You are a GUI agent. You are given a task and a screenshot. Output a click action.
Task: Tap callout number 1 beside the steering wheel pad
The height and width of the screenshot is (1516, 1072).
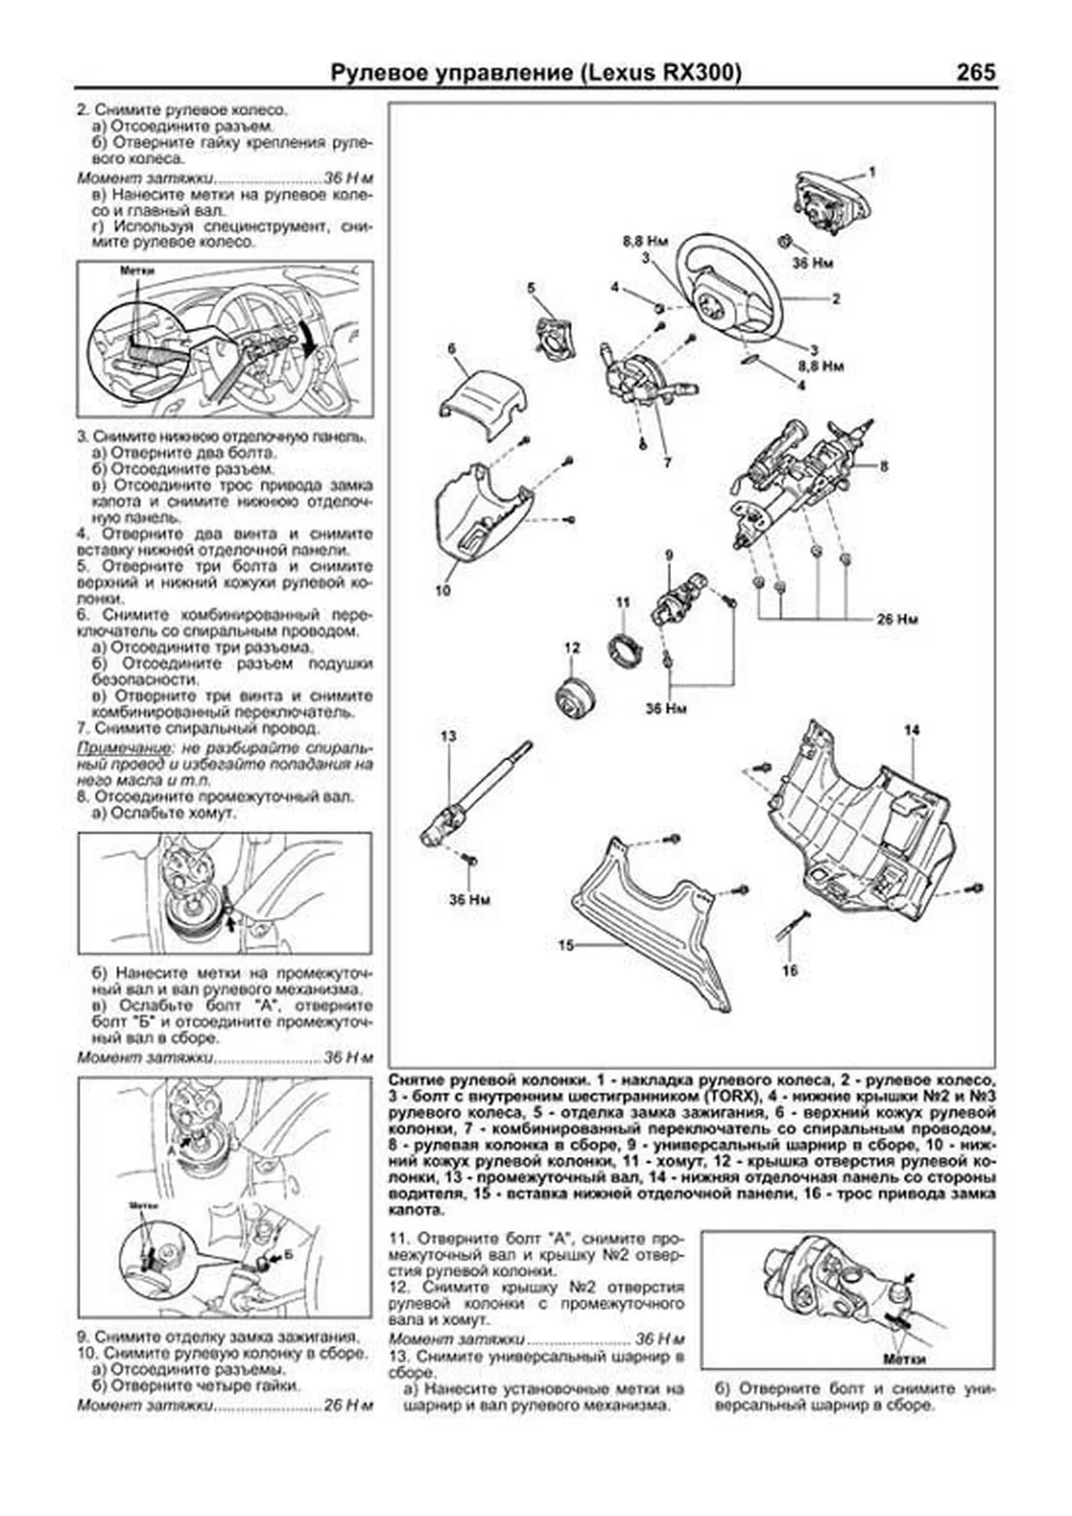[x=872, y=171]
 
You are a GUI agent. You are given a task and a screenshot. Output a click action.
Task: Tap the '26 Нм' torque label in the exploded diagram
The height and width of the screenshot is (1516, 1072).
[x=896, y=619]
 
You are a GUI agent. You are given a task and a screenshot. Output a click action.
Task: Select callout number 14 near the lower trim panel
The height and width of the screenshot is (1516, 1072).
[x=910, y=731]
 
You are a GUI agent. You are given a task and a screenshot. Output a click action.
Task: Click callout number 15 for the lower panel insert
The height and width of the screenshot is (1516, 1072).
[x=565, y=945]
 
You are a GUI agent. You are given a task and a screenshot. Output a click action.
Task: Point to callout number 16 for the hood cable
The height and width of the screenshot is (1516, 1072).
[x=790, y=970]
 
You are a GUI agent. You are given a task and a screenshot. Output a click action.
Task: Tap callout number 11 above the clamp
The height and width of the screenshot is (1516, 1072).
[x=623, y=603]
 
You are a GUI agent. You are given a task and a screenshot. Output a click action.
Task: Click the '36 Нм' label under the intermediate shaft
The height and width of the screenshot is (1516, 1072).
[x=469, y=900]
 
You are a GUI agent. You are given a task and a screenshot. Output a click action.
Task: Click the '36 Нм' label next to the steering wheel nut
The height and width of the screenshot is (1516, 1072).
[x=812, y=264]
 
